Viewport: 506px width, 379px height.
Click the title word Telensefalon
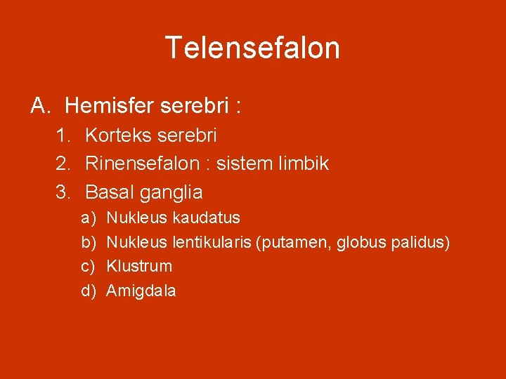[x=252, y=48]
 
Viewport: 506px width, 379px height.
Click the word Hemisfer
[x=110, y=106]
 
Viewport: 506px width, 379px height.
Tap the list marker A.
[x=39, y=106]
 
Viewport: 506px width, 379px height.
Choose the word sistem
[x=243, y=164]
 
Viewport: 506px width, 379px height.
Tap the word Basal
[x=110, y=192]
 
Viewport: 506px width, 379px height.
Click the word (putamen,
[x=294, y=243]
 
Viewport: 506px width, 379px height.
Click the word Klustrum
[x=138, y=266]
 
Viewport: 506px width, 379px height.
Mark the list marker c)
[x=88, y=267]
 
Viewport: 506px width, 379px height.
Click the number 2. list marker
[x=64, y=164]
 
